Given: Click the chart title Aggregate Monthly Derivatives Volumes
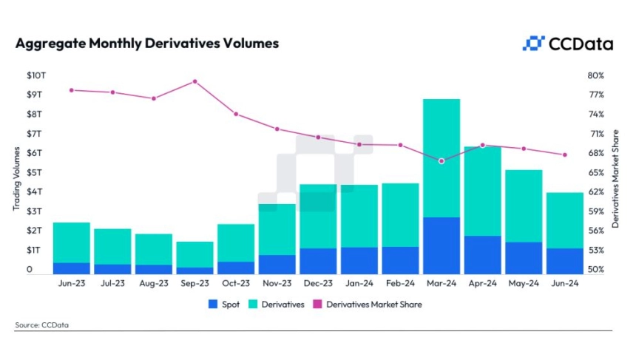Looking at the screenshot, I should point(147,44).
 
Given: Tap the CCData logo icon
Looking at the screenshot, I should point(533,44).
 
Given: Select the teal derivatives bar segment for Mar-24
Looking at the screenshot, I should point(442,157).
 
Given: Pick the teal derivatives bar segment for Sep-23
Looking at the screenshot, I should point(194,254).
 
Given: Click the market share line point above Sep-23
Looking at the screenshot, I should point(194,81).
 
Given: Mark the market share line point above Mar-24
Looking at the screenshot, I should point(442,160).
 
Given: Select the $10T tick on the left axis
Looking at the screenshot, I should point(35,76).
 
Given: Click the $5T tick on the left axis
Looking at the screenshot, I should point(35,173).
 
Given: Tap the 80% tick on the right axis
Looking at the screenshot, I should point(596,76).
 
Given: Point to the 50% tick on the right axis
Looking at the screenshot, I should point(596,270).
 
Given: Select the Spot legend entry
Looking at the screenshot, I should point(226,304).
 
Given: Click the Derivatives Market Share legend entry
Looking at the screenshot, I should point(368,304).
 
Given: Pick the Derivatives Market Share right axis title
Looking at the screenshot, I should point(615,174).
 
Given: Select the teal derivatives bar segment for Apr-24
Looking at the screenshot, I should point(483,191).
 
